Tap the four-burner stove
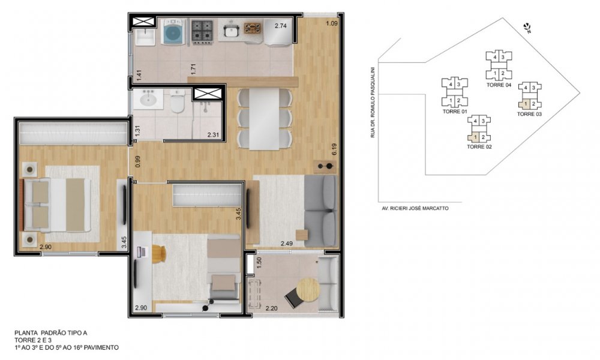click(x=202, y=31)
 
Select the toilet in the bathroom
click(x=178, y=101)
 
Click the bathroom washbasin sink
click(x=148, y=99)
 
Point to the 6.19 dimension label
click(x=334, y=149)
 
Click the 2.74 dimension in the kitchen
click(x=280, y=26)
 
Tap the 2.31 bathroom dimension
click(x=213, y=134)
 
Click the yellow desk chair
click(x=158, y=253)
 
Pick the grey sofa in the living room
click(x=320, y=211)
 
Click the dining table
click(x=264, y=119)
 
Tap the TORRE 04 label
click(x=499, y=85)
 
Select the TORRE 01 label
click(x=455, y=112)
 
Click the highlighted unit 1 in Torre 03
click(x=525, y=104)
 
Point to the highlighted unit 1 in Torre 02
click(x=474, y=137)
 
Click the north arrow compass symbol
click(x=527, y=28)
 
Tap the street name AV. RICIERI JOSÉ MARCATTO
click(x=415, y=209)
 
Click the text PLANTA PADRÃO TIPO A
click(x=50, y=333)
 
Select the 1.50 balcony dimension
click(x=259, y=263)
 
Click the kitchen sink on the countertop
click(x=230, y=31)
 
